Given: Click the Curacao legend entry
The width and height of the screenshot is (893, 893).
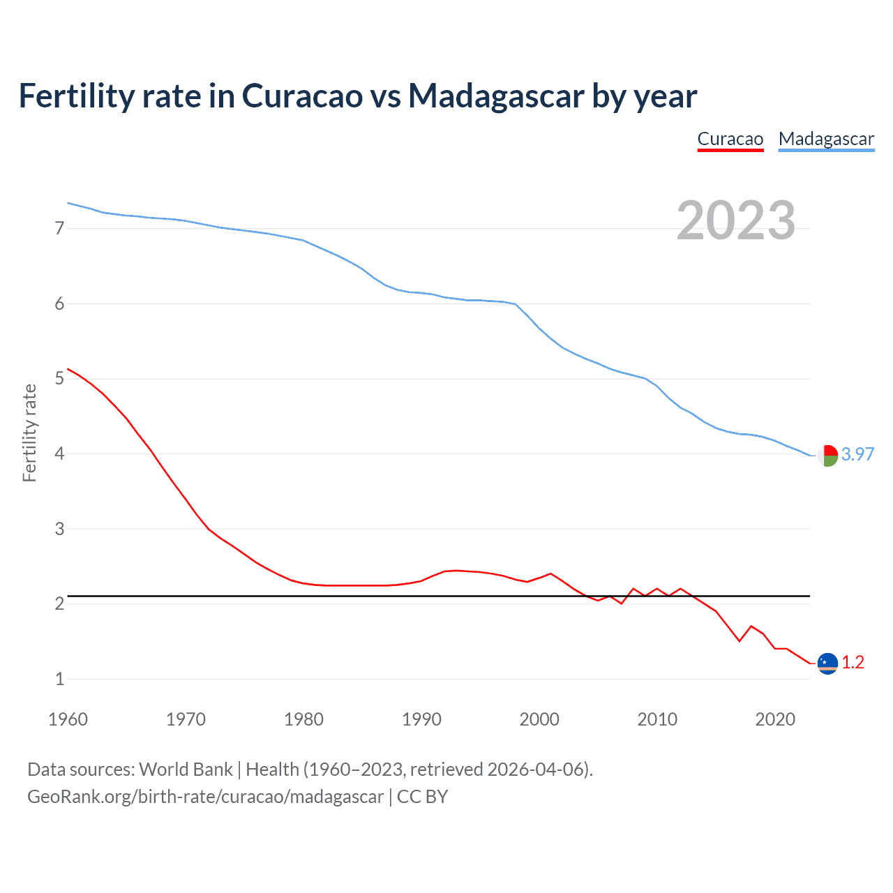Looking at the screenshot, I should click(730, 139).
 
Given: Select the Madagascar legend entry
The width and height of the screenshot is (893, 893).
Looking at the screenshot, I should click(826, 139).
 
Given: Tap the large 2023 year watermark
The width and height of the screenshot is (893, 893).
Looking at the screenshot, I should click(735, 220).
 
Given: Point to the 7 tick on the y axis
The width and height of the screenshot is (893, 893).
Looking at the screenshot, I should click(59, 228).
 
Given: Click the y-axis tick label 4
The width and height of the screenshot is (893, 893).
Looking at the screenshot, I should click(59, 454).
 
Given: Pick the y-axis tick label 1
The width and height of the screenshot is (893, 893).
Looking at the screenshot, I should click(59, 679).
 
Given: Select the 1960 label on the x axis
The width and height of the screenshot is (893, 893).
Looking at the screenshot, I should click(68, 719).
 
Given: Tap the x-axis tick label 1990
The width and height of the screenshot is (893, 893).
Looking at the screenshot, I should click(421, 719).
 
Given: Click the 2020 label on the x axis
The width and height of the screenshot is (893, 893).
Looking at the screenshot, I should click(775, 719).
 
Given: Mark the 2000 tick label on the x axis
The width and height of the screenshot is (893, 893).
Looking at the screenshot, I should click(539, 719).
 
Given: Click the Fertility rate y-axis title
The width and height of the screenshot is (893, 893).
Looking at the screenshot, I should click(29, 433).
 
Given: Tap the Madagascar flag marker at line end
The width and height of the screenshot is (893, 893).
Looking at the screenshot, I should click(827, 456).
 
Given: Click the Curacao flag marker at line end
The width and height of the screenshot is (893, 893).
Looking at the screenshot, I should click(827, 663).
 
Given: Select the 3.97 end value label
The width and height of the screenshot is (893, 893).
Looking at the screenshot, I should click(857, 454).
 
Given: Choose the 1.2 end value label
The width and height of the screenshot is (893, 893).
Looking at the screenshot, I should click(853, 662).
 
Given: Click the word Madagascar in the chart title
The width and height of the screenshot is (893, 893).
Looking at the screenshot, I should click(496, 96).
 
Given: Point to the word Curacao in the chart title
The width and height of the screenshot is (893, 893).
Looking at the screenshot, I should click(302, 96).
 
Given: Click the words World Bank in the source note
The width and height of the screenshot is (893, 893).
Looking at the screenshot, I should click(186, 769).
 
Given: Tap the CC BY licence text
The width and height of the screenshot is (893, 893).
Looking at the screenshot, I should click(422, 797).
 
